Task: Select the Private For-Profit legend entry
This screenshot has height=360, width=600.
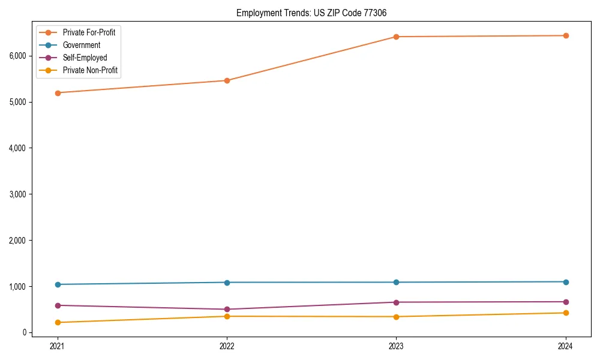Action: pos(89,32)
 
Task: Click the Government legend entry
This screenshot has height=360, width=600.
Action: pos(82,45)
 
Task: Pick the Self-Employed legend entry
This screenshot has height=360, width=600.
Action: pos(85,58)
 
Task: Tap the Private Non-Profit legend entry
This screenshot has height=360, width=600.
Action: pos(90,71)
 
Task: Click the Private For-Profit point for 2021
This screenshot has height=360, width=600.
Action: pos(58,93)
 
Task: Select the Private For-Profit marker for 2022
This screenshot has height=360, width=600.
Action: pos(227,80)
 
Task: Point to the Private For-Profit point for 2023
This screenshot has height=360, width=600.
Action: pos(396,37)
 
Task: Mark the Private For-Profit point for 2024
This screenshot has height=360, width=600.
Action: pos(566,35)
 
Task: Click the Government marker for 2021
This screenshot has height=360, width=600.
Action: pos(58,284)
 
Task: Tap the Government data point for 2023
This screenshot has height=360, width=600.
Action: pos(396,282)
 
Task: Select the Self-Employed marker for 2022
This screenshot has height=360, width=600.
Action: pos(227,310)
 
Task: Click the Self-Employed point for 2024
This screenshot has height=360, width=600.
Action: pos(566,302)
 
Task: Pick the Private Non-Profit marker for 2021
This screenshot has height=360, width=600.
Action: pos(58,322)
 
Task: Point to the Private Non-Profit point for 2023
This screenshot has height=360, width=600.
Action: pos(396,317)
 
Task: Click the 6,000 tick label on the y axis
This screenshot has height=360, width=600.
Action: pos(17,56)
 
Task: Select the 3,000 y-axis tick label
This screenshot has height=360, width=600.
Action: pos(17,194)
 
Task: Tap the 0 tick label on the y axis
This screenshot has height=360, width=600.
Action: pos(25,332)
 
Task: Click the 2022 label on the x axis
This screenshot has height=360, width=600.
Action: pos(227,346)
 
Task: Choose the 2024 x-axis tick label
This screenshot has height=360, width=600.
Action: pos(566,346)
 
